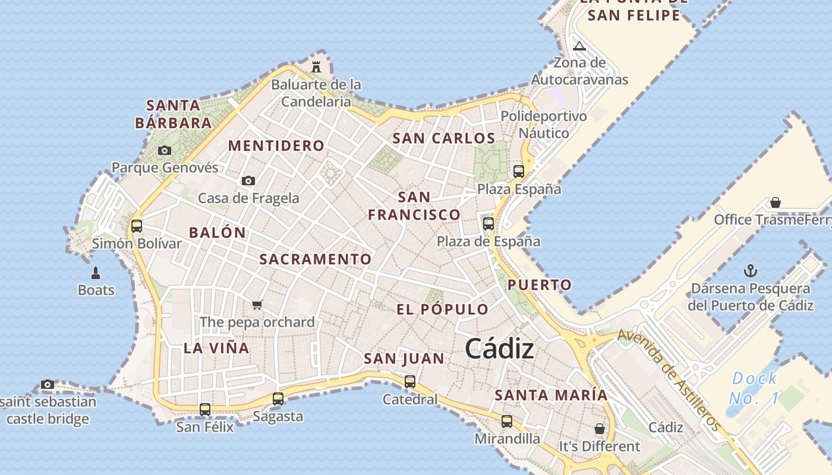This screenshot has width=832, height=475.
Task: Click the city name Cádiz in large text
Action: (499, 349)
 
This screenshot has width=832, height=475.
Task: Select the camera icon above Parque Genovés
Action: (165, 151)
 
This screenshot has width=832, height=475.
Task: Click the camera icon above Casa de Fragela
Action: (248, 180)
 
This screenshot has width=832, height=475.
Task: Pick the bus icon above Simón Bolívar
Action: (137, 226)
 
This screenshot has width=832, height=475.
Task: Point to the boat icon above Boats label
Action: (96, 273)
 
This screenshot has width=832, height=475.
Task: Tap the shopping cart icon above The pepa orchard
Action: (257, 305)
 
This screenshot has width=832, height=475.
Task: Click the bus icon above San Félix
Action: (205, 409)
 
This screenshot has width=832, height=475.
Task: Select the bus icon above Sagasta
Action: (278, 399)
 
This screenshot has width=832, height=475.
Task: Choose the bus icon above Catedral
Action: (410, 381)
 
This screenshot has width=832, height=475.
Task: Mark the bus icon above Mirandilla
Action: (507, 422)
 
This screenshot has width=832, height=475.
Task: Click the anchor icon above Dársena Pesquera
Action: (751, 271)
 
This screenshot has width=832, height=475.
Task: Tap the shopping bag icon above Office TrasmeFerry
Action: (776, 202)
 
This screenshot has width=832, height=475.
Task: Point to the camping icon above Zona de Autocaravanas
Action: (579, 46)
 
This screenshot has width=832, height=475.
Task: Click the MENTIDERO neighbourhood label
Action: (276, 145)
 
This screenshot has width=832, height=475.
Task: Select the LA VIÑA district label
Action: (216, 348)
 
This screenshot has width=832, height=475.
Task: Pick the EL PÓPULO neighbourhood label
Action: (443, 309)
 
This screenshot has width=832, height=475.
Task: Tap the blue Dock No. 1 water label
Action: (754, 387)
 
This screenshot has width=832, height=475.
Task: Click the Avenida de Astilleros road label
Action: (669, 380)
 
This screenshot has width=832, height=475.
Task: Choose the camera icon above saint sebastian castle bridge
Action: (48, 385)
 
